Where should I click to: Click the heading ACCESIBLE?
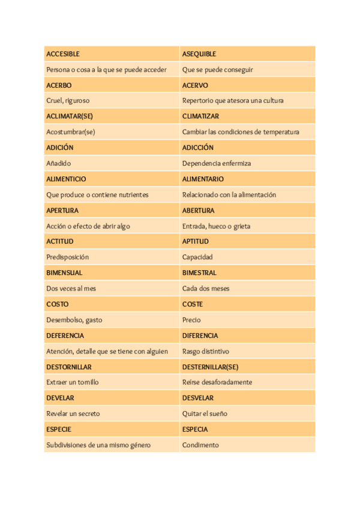pyautogui.click(x=62, y=54)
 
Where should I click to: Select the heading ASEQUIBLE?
pyautogui.click(x=199, y=54)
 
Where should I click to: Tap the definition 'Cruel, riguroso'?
pyautogui.click(x=68, y=101)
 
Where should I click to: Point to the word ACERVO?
pyautogui.click(x=195, y=85)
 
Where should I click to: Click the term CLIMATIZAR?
pyautogui.click(x=200, y=116)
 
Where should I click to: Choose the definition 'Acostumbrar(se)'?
pyautogui.click(x=71, y=132)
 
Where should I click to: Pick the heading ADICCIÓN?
pyautogui.click(x=197, y=148)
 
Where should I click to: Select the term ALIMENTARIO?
pyautogui.click(x=203, y=179)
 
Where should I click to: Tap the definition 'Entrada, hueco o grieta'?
pyautogui.click(x=216, y=226)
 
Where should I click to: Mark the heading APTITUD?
pyautogui.click(x=196, y=241)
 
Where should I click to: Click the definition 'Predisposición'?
pyautogui.click(x=67, y=257)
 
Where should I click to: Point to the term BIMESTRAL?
pyautogui.click(x=199, y=273)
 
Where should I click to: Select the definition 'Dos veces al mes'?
pyautogui.click(x=71, y=288)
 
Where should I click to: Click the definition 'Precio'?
pyautogui.click(x=191, y=320)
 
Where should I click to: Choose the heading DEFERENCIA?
pyautogui.click(x=65, y=336)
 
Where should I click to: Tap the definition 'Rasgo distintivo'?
pyautogui.click(x=205, y=351)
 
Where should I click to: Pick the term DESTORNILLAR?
pyautogui.click(x=68, y=367)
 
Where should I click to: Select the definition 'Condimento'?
pyautogui.click(x=200, y=445)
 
